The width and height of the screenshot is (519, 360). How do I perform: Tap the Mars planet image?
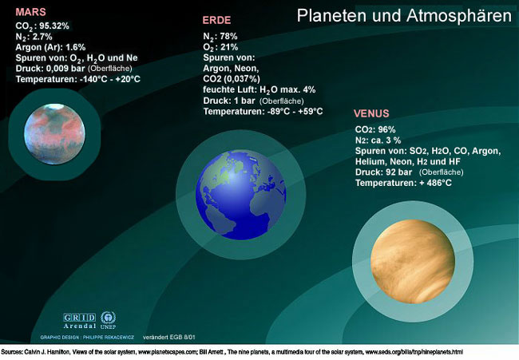point(58,133)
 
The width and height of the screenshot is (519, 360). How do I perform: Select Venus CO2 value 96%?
point(386,129)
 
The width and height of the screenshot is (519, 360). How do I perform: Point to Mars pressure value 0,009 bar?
point(70,69)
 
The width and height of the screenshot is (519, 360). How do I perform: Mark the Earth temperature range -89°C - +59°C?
point(288,112)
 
